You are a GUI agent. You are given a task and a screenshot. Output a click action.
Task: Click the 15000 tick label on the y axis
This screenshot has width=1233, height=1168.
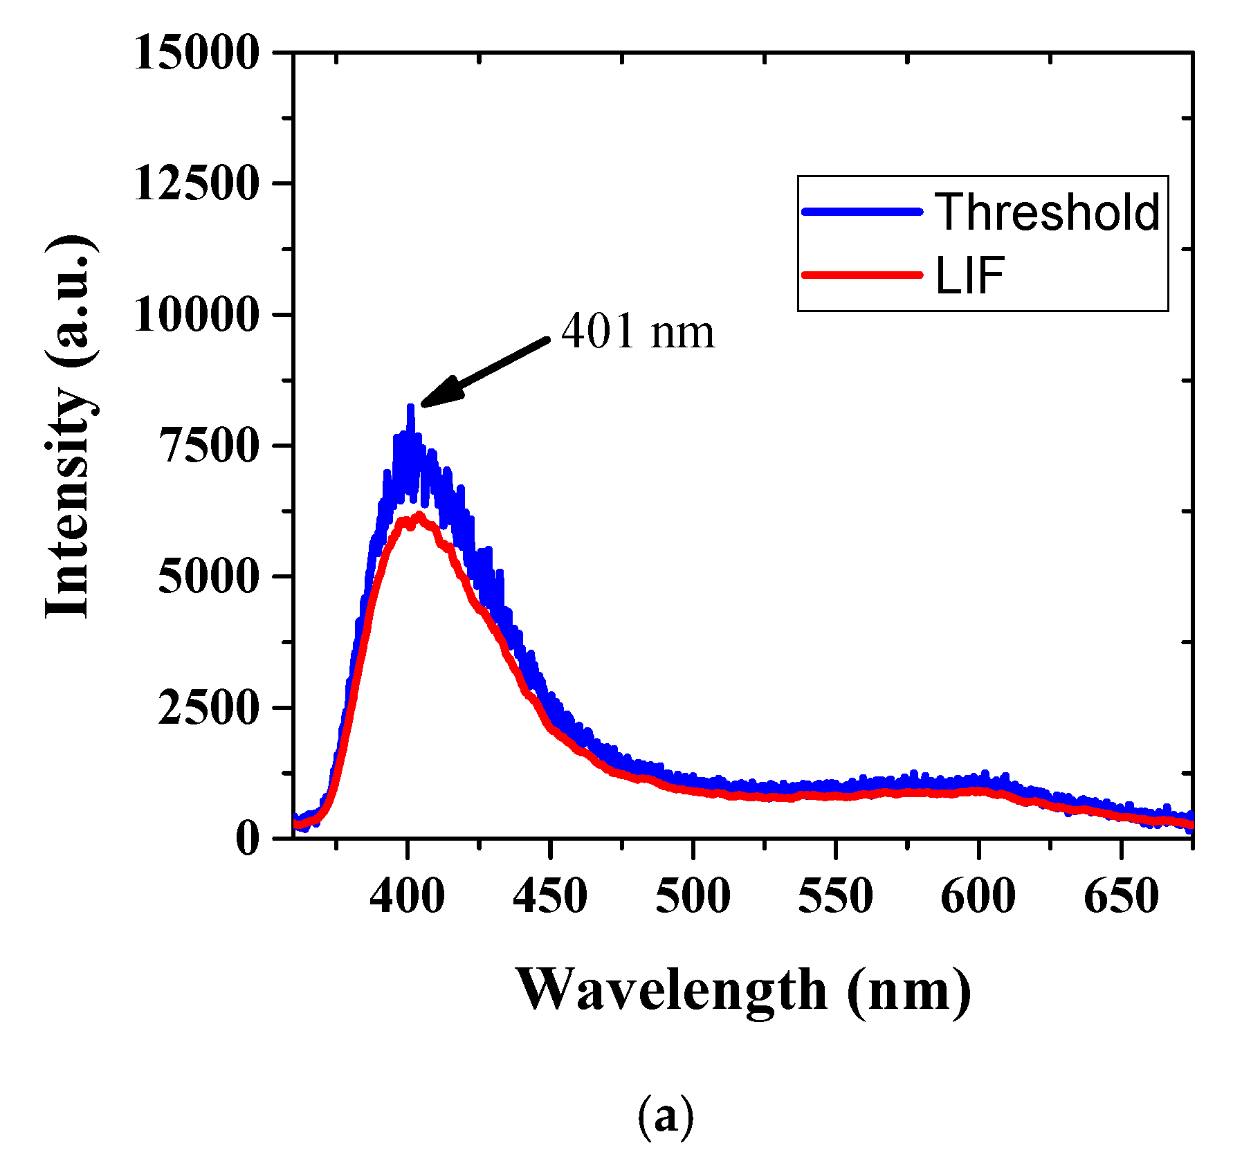(x=197, y=53)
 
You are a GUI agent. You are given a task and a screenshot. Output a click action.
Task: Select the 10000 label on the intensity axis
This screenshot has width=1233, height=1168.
(x=197, y=315)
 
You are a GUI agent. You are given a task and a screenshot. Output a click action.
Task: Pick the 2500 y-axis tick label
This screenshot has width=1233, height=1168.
(x=209, y=707)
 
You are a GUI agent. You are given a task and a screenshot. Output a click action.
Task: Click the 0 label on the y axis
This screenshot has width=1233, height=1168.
(x=247, y=839)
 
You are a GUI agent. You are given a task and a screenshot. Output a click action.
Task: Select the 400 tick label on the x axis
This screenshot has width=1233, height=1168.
(x=408, y=896)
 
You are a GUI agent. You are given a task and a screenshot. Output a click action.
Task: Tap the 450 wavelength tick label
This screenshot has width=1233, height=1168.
(x=550, y=896)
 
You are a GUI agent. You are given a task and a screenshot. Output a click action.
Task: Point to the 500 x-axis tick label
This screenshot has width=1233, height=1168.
(x=693, y=896)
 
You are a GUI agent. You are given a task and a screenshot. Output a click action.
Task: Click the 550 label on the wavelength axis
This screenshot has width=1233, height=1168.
(x=836, y=896)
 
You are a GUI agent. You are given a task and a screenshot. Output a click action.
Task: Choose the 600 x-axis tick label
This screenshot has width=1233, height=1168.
(x=978, y=896)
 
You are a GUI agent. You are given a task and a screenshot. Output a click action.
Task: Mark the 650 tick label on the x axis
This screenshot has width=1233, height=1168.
(x=1121, y=896)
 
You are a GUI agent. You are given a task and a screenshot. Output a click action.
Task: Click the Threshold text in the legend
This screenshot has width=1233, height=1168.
(x=1048, y=212)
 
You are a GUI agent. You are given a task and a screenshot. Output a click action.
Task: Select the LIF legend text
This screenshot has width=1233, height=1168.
(x=970, y=275)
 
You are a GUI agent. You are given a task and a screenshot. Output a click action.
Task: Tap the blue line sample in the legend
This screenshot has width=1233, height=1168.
(x=862, y=212)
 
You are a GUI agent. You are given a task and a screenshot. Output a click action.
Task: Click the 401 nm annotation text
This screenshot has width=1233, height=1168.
(x=637, y=331)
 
